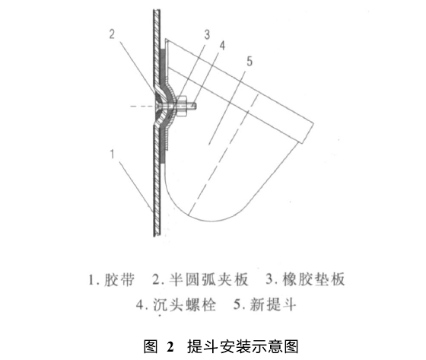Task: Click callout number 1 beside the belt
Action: tap(113, 155)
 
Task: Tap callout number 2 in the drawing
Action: tap(112, 34)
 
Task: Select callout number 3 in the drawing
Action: tap(207, 35)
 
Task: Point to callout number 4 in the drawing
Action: tap(222, 46)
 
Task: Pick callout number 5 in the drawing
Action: tap(250, 61)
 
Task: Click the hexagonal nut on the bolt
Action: tap(181, 106)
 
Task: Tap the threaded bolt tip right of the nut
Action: tap(191, 106)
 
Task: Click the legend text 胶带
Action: tap(119, 279)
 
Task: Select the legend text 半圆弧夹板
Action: tap(208, 279)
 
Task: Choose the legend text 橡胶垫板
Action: tap(313, 279)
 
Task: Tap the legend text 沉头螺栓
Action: tap(184, 304)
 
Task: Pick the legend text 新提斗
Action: tap(272, 304)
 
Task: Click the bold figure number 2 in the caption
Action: tap(170, 346)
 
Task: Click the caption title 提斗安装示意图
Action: tap(243, 346)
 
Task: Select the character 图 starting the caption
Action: tap(151, 346)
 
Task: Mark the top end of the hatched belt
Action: tap(157, 11)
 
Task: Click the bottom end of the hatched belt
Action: tap(157, 235)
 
